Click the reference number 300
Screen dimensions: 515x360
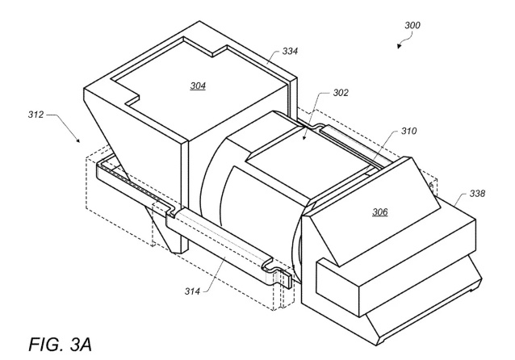pos(412,25)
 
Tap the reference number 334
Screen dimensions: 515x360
pos(290,51)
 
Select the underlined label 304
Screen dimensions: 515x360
pos(198,86)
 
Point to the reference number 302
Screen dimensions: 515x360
pos(341,93)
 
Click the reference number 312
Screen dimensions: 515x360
pos(36,115)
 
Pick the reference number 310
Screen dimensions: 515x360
pos(408,131)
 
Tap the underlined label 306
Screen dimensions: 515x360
pos(379,212)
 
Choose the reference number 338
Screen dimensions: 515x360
pos(477,194)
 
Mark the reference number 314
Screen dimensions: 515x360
pos(192,291)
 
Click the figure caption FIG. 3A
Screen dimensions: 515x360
pos(60,344)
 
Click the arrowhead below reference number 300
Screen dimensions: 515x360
pos(399,46)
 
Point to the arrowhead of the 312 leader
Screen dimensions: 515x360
pos(77,140)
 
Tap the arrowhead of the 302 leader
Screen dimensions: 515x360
pos(304,138)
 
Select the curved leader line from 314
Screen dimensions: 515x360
pos(216,274)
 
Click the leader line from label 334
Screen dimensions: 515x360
pos(274,56)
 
